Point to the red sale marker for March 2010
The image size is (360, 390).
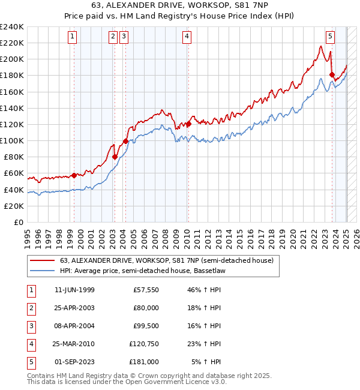pos(188,124)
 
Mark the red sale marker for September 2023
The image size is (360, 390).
pos(332,75)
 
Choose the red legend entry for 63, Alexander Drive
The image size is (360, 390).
pos(167,260)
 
